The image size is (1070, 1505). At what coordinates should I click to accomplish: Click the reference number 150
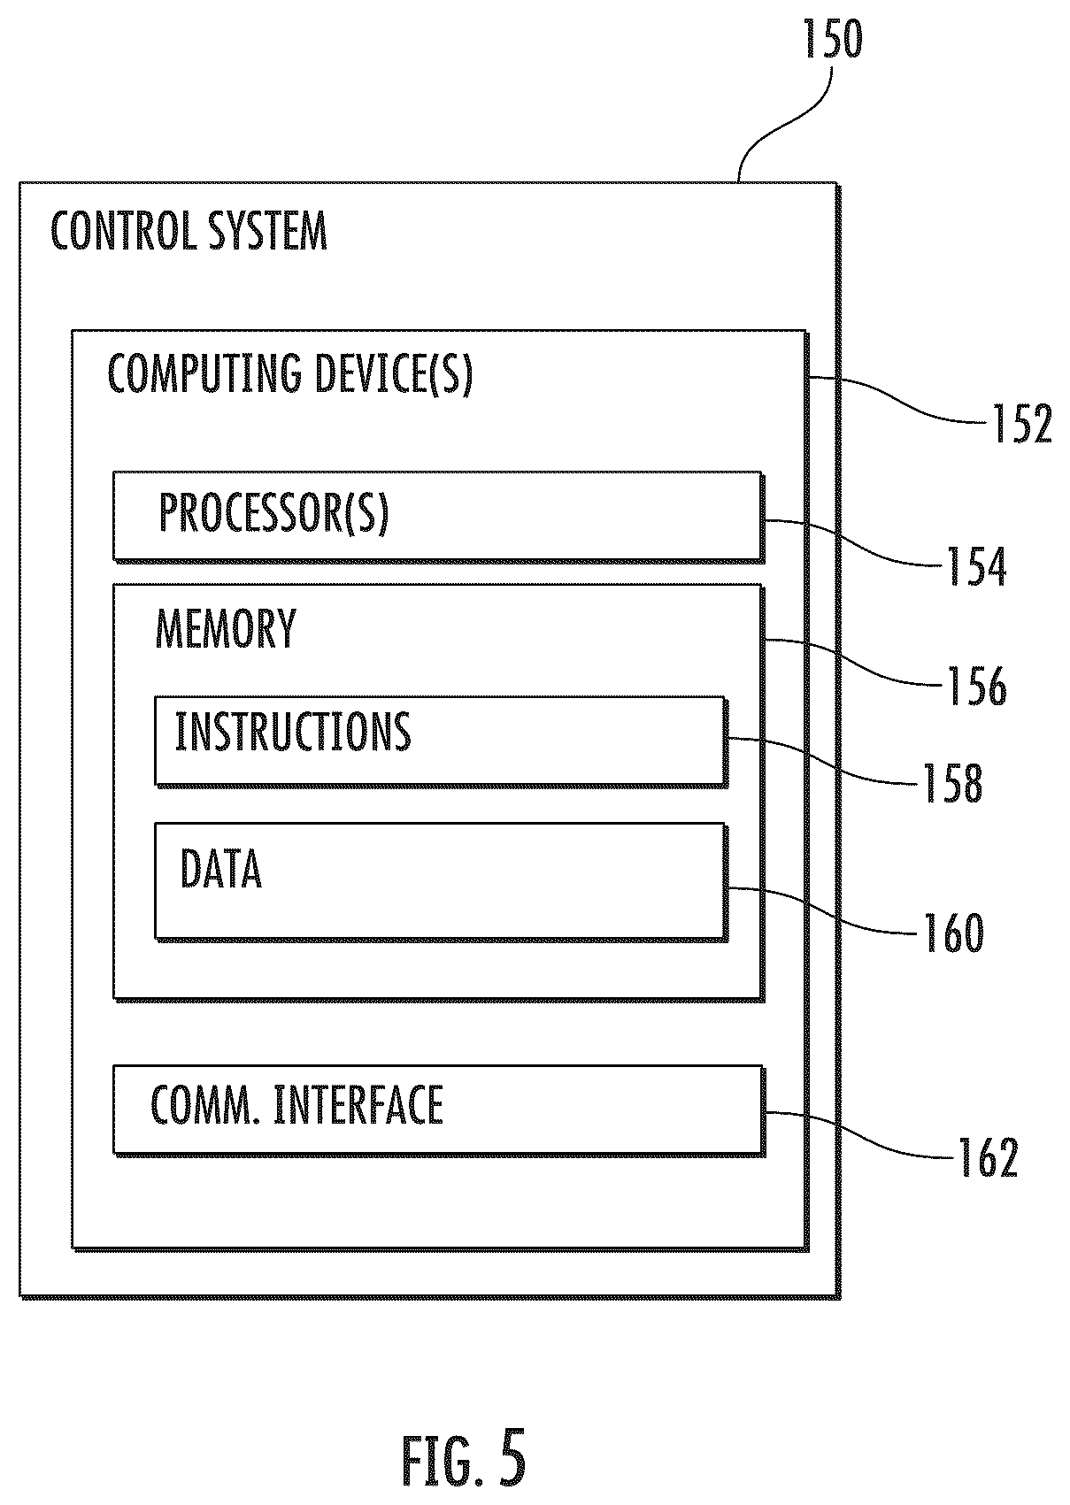click(x=832, y=39)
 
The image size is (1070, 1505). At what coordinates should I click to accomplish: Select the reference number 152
click(x=1021, y=424)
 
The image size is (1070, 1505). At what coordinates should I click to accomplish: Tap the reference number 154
click(x=976, y=566)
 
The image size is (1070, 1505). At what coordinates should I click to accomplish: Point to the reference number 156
click(x=976, y=686)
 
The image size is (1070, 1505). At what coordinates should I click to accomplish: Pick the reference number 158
click(x=952, y=783)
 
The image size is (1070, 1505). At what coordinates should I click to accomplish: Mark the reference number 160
click(x=954, y=933)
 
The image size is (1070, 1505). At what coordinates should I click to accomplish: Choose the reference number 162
click(x=988, y=1157)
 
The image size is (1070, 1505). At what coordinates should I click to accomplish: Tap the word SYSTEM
click(x=267, y=230)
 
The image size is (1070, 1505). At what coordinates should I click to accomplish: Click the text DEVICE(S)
click(x=393, y=374)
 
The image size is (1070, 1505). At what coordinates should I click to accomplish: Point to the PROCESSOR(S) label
click(x=273, y=513)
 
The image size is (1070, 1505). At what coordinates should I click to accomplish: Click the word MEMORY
click(x=226, y=627)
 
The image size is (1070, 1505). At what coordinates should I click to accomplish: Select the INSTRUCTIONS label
click(x=293, y=731)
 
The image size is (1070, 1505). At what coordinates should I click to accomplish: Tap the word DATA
click(x=221, y=869)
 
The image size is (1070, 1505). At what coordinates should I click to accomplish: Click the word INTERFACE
click(x=358, y=1105)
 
